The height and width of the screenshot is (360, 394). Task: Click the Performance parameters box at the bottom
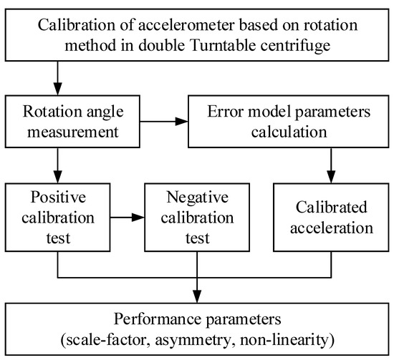pyautogui.click(x=196, y=326)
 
